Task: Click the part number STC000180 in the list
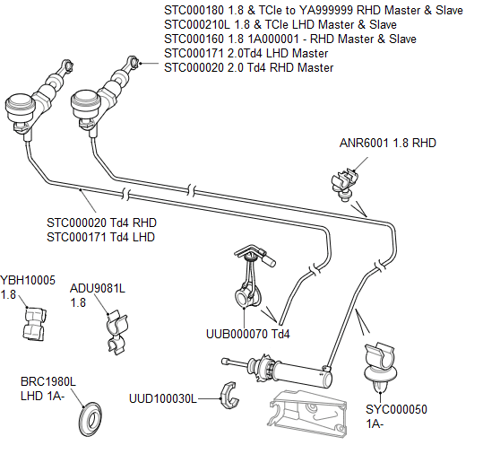tap(199, 10)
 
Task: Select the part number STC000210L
tap(202, 24)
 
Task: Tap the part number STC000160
tap(199, 39)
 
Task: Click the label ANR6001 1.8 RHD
tap(388, 143)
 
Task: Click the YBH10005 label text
tap(28, 280)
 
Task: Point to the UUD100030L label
tap(162, 397)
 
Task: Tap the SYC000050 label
tap(396, 409)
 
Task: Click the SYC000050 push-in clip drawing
tap(378, 364)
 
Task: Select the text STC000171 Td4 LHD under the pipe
tap(100, 237)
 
